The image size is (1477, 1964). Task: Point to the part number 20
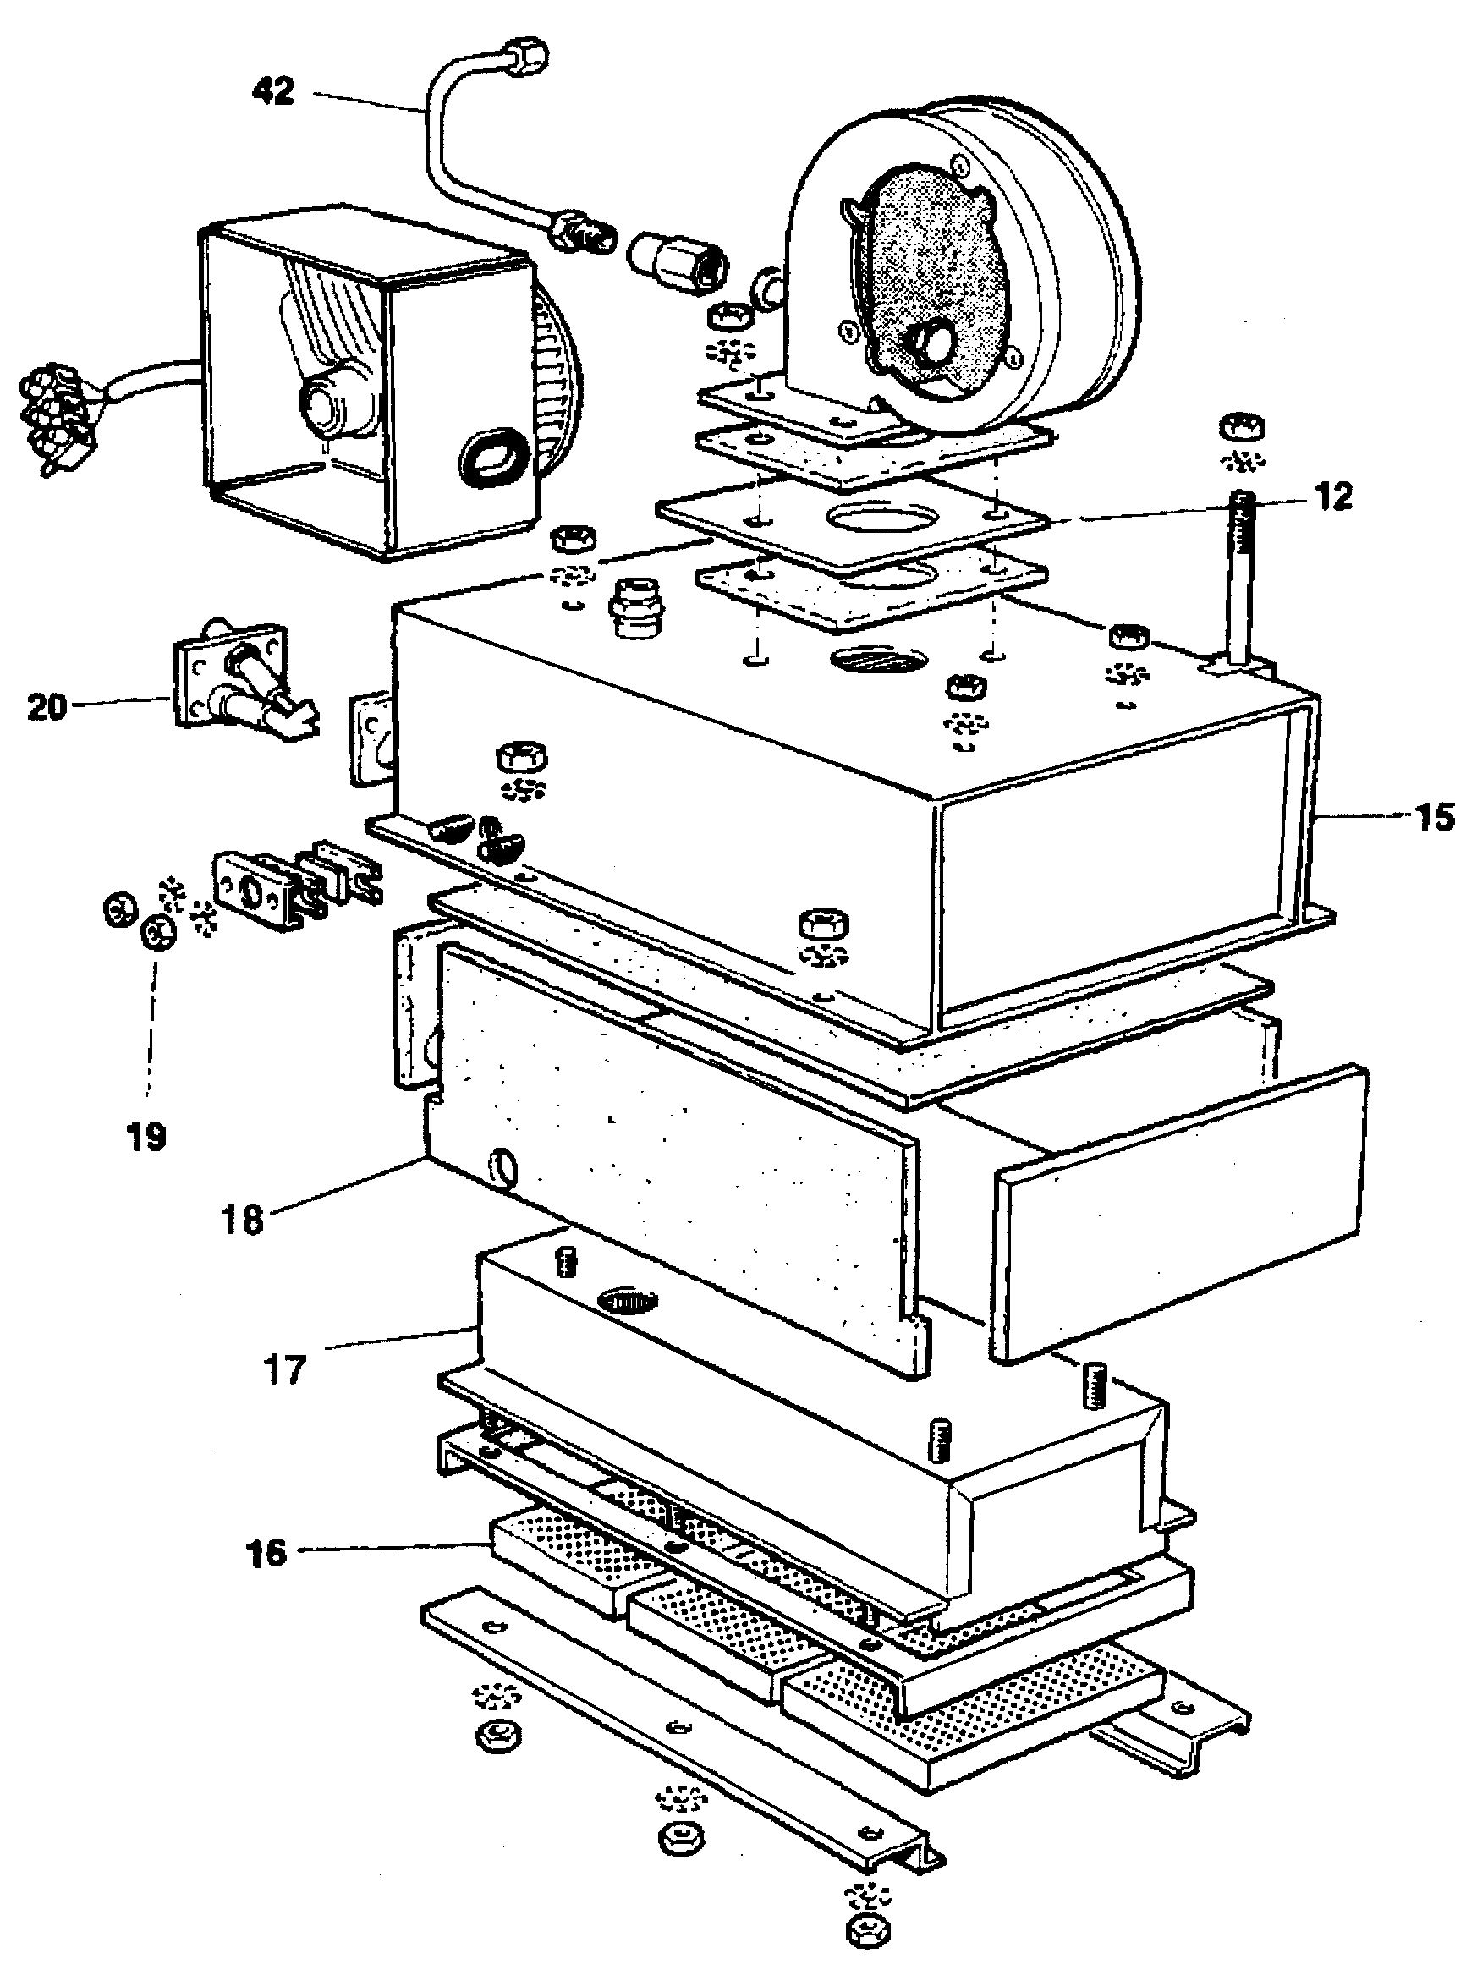click(x=47, y=707)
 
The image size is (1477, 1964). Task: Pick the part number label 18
click(x=244, y=1219)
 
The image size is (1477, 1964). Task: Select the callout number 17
click(x=284, y=1370)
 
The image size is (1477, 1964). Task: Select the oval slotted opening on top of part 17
click(x=629, y=1300)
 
